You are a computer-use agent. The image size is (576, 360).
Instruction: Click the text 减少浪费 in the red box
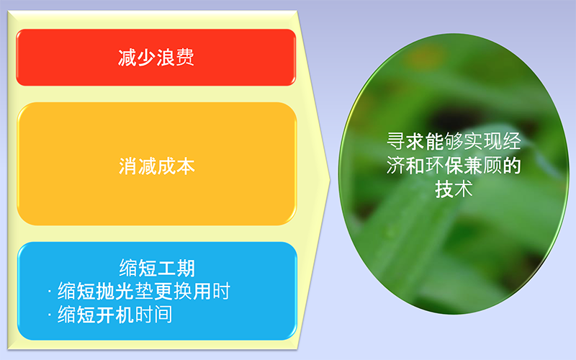pyautogui.click(x=156, y=58)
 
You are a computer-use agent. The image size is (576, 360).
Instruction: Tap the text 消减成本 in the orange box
pyautogui.click(x=157, y=166)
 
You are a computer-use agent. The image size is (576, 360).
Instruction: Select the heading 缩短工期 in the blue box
pyautogui.click(x=157, y=268)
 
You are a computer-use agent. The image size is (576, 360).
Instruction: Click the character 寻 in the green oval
pyautogui.click(x=396, y=141)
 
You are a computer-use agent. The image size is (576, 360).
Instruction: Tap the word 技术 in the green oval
pyautogui.click(x=454, y=189)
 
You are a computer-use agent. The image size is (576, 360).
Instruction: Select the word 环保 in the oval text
pyautogui.click(x=444, y=166)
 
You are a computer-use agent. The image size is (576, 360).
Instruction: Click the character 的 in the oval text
pyautogui.click(x=511, y=166)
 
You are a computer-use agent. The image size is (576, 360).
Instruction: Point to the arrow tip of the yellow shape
pyautogui.click(x=330, y=180)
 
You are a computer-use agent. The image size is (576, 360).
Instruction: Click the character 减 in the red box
pyautogui.click(x=127, y=58)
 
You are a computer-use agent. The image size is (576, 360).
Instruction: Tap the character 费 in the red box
pyautogui.click(x=185, y=58)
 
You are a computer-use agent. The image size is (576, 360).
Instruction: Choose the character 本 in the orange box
pyautogui.click(x=186, y=166)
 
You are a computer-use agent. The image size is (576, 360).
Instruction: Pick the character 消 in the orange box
pyautogui.click(x=128, y=166)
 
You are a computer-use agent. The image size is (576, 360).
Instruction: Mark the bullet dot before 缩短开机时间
pyautogui.click(x=49, y=315)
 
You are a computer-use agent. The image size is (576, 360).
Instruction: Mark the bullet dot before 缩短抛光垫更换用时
pyautogui.click(x=49, y=292)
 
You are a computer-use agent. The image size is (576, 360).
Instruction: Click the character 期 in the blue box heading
pyautogui.click(x=186, y=268)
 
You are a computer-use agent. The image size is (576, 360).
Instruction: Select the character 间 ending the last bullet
pyautogui.click(x=163, y=315)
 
